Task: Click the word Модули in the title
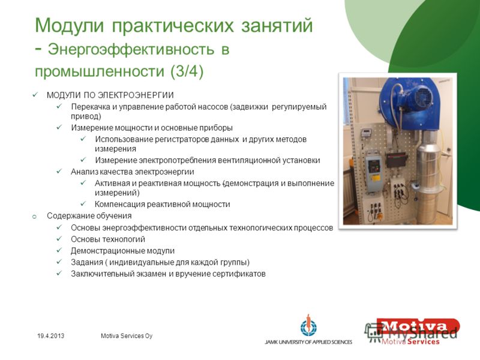[70, 25]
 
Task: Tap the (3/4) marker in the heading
[187, 71]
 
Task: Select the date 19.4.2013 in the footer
[51, 336]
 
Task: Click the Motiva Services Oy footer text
[127, 336]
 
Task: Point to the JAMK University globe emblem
[308, 326]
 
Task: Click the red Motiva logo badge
[418, 326]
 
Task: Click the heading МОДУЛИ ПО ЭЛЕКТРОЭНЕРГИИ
[110, 95]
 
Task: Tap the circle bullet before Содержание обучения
[34, 217]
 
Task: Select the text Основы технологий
[108, 239]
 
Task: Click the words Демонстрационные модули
[123, 251]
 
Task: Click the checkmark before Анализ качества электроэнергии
[59, 171]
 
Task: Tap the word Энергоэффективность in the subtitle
[131, 49]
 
